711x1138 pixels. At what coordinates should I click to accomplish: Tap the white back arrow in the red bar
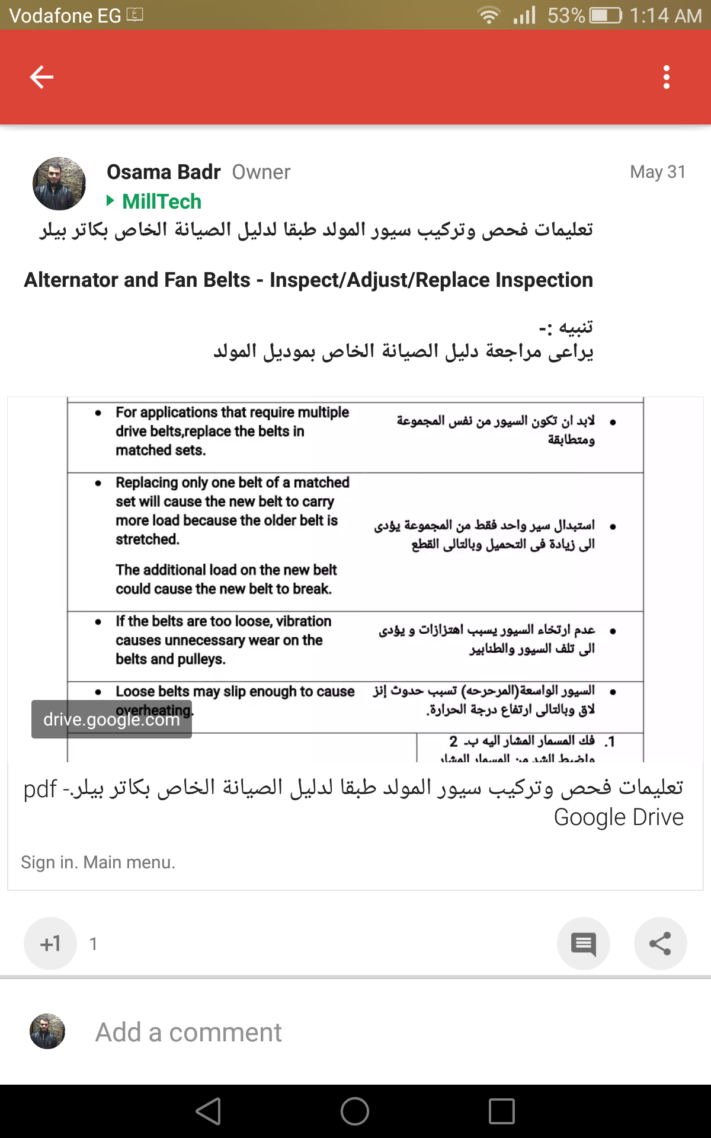pos(41,77)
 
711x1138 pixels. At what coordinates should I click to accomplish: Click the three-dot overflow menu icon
pos(667,77)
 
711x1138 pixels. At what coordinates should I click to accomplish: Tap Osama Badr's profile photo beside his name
pos(59,184)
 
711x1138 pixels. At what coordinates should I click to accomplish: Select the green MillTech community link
pos(161,202)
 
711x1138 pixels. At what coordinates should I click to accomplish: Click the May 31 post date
pos(658,172)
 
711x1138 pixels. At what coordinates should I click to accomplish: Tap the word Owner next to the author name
pos(261,172)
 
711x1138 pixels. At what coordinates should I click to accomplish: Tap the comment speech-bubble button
pos(583,944)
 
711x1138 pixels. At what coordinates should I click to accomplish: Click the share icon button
pos(660,944)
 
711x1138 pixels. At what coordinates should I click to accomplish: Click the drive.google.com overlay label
pos(111,720)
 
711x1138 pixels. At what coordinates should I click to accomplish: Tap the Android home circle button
pos(355,1111)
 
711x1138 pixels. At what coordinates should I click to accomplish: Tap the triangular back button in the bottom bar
pos(209,1111)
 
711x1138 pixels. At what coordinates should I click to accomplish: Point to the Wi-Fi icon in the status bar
pos(489,15)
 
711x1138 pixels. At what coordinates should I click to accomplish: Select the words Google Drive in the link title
pos(619,817)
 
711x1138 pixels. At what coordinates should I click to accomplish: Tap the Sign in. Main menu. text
pos(98,862)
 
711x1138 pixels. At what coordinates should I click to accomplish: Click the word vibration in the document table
pos(303,621)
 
